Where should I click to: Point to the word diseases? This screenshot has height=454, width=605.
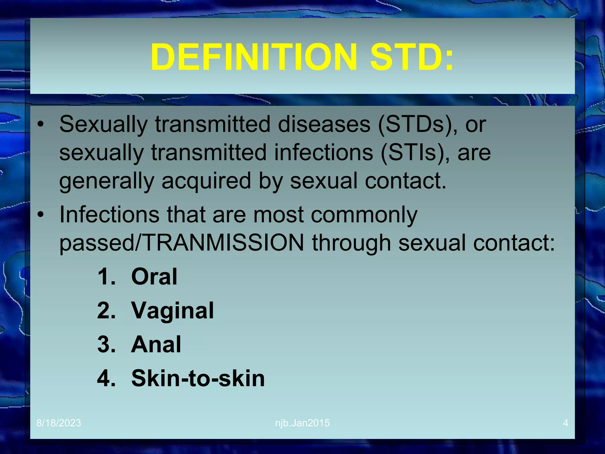pos(324,124)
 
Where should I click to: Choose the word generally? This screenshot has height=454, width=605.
pos(107,181)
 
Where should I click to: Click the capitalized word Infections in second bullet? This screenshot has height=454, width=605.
pos(109,214)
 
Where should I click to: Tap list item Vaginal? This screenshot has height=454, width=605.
pos(173,311)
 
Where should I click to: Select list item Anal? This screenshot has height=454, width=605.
pos(156,345)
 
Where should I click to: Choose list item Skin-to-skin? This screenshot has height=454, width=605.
pos(198,378)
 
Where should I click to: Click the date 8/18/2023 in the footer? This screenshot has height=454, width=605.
pos(58,423)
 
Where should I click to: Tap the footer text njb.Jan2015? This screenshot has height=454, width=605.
pos(302,423)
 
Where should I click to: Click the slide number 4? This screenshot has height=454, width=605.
pos(565,423)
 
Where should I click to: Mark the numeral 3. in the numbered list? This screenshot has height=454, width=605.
pos(106,345)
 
